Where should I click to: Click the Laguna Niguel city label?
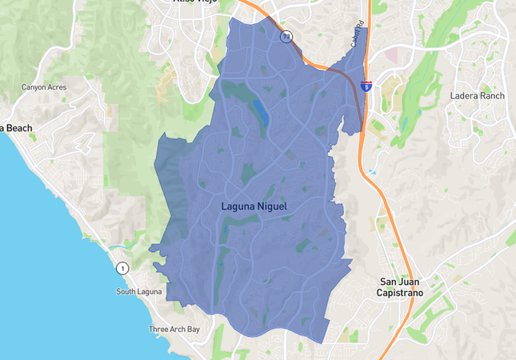253,206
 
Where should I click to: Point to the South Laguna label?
138,291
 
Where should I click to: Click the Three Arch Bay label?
174,330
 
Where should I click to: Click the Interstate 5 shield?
366,86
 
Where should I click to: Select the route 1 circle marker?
122,268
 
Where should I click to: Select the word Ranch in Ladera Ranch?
492,96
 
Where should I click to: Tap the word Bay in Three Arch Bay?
192,330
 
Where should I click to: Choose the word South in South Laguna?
126,291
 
